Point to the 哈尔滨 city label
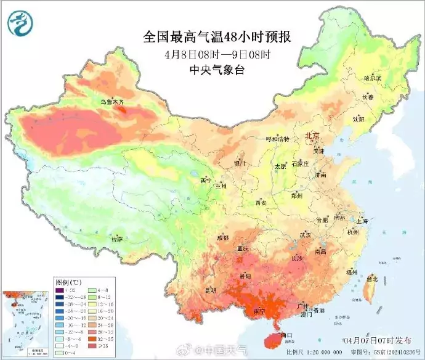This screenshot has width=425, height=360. [x=373, y=78]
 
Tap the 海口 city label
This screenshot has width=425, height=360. [x=285, y=335]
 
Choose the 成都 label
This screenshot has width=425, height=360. [x=222, y=237]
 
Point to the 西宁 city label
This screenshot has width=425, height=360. [x=206, y=181]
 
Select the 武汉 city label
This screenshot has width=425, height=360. [x=306, y=235]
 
